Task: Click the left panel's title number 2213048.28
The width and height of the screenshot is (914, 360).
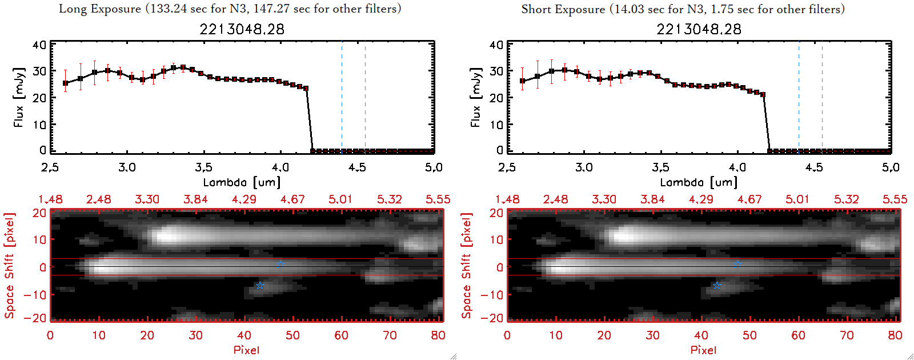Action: (242, 29)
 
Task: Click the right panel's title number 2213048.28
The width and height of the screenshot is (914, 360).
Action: (699, 29)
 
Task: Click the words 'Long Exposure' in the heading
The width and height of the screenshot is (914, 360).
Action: (100, 9)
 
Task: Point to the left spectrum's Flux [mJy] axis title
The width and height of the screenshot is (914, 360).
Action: (19, 97)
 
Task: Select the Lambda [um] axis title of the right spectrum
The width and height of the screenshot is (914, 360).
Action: (699, 182)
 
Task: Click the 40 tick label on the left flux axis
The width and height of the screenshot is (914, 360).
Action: (39, 45)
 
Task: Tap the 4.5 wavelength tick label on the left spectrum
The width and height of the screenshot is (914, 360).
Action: (357, 167)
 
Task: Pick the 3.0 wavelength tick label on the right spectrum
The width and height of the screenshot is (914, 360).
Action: (584, 167)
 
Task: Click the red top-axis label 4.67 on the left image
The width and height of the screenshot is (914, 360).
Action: (292, 199)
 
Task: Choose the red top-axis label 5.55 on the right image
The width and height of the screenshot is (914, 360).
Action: (895, 199)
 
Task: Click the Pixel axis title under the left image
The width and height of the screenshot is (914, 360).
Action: (246, 350)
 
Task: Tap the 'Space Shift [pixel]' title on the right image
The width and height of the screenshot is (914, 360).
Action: (467, 265)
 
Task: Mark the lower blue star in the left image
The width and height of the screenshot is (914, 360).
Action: (260, 285)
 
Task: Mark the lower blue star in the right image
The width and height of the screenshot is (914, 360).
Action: (717, 285)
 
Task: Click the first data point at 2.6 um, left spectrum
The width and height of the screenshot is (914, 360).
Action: (66, 83)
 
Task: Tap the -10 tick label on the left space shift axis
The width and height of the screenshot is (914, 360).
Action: (37, 294)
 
